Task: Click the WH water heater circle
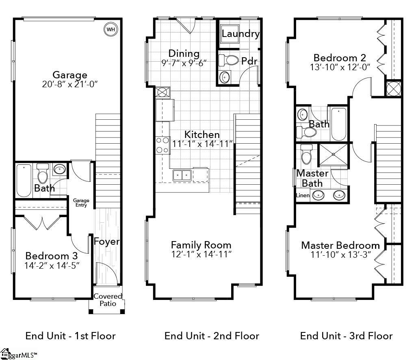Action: [x=110, y=29]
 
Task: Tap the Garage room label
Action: [x=70, y=75]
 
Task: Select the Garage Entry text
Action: [x=81, y=203]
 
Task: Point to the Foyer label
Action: [x=107, y=242]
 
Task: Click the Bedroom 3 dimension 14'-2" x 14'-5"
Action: [x=52, y=266]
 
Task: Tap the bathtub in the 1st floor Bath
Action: [x=24, y=180]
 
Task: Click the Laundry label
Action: [x=240, y=34]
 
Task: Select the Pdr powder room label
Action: [x=249, y=61]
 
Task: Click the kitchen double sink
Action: [x=182, y=175]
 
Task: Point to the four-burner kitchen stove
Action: [x=163, y=145]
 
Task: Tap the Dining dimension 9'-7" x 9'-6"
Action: [x=184, y=63]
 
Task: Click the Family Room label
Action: [x=201, y=245]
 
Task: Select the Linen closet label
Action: [x=303, y=196]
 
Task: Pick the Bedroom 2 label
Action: [x=340, y=58]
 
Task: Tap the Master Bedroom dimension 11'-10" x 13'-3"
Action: [x=340, y=255]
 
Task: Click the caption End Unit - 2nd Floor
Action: [x=212, y=336]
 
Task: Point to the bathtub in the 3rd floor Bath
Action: [x=338, y=123]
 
